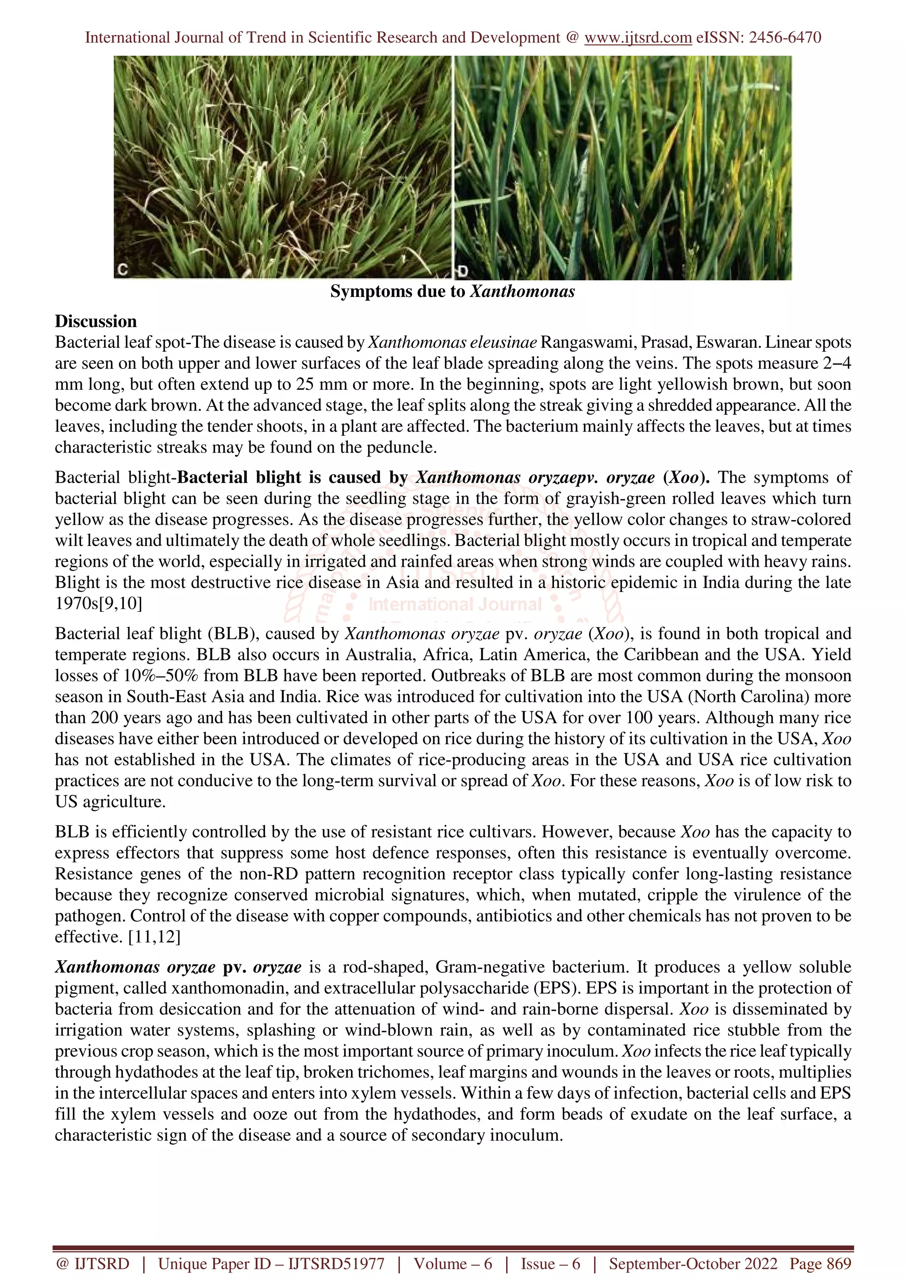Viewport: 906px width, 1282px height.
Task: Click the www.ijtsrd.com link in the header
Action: pos(637,38)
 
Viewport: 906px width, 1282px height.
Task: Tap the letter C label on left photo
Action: pos(122,270)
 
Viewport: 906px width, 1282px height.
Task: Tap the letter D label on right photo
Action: pos(462,271)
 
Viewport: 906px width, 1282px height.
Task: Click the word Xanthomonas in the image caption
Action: pos(522,292)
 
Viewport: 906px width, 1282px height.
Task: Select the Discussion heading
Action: pos(96,322)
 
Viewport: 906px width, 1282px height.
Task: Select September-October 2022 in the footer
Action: pos(693,1264)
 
